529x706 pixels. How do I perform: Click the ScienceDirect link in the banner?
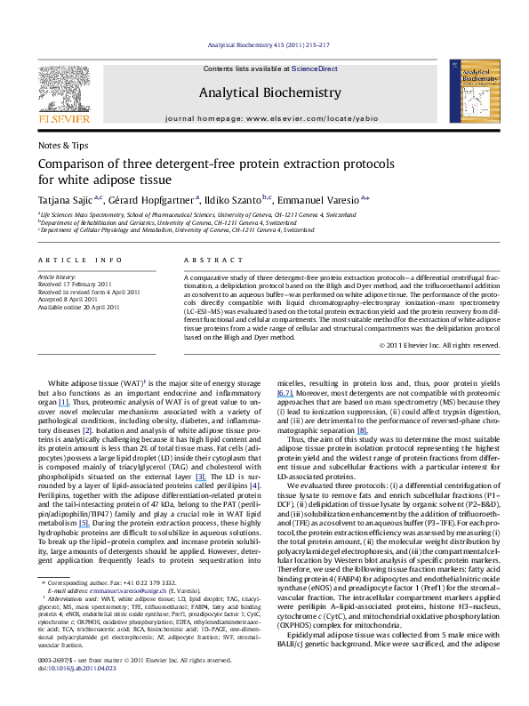click(316, 68)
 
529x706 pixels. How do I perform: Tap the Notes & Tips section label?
click(63, 144)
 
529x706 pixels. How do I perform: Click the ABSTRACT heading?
click(206, 259)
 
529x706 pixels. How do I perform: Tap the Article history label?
click(55, 277)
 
